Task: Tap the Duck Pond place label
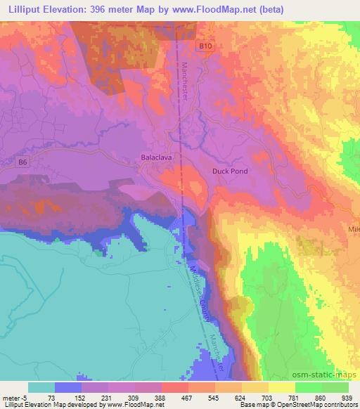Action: point(230,171)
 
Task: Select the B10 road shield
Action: point(204,46)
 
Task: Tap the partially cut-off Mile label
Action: point(353,230)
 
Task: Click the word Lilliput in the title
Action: point(25,8)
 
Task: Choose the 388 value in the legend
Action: point(161,397)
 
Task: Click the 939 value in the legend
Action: point(348,397)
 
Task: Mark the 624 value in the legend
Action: point(241,397)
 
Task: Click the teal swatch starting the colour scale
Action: point(41,387)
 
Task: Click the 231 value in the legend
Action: point(108,397)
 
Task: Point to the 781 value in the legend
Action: point(295,397)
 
